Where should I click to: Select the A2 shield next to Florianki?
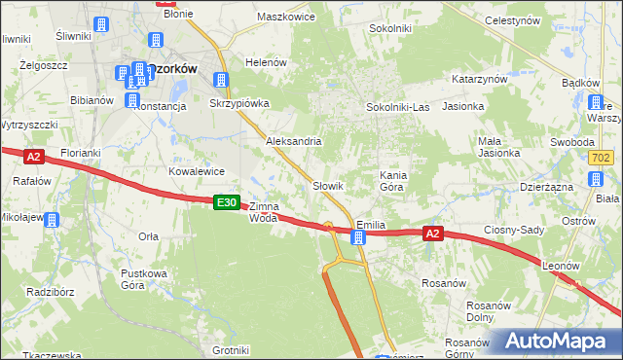pyautogui.click(x=33, y=156)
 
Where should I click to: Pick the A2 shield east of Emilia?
pyautogui.click(x=434, y=234)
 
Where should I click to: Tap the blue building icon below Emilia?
pyautogui.click(x=358, y=237)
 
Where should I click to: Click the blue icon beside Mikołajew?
pyautogui.click(x=52, y=219)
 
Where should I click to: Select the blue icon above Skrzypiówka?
pyautogui.click(x=222, y=81)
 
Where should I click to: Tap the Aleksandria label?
pyautogui.click(x=294, y=141)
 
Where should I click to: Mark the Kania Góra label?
pyautogui.click(x=390, y=180)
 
